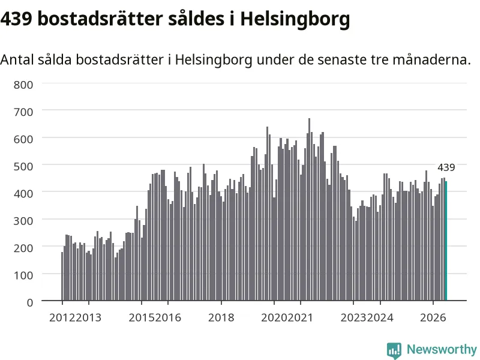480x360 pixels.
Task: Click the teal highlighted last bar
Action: click(x=446, y=241)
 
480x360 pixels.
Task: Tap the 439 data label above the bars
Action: click(x=446, y=167)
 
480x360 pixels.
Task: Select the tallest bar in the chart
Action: click(x=309, y=209)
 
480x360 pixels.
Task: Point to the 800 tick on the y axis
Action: click(x=23, y=85)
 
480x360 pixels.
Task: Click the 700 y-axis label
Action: click(x=23, y=112)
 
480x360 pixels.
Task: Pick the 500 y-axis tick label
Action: click(x=23, y=167)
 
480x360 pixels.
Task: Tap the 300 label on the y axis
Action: click(x=23, y=221)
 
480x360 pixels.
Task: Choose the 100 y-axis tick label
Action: click(x=23, y=275)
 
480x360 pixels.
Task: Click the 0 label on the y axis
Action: click(x=30, y=302)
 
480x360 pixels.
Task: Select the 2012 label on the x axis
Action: click(x=62, y=317)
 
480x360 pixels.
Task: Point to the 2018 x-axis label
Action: click(x=221, y=317)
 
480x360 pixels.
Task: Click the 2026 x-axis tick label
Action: click(x=433, y=317)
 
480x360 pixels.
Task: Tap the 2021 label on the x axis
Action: click(x=301, y=317)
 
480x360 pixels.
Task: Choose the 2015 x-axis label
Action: click(x=142, y=317)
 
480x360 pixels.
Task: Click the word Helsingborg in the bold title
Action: click(x=295, y=19)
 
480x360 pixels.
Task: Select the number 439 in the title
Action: click(x=16, y=19)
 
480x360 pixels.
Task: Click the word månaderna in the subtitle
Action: click(x=431, y=59)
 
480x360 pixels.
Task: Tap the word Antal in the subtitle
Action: click(x=17, y=59)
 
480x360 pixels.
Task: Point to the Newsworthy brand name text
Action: click(x=442, y=349)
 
